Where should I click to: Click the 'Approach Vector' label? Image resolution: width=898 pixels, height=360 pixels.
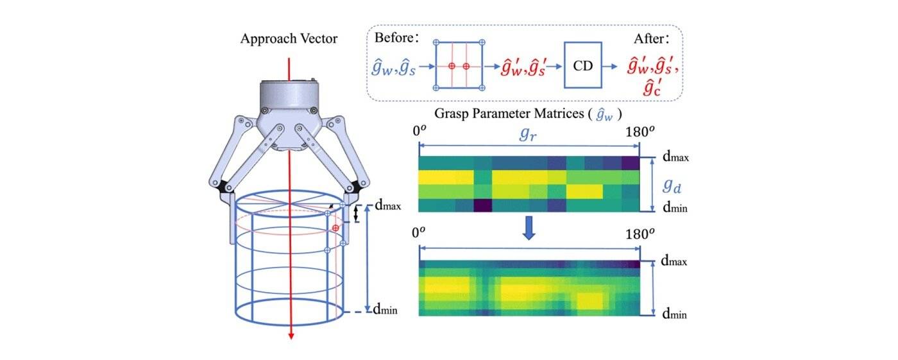tap(289, 39)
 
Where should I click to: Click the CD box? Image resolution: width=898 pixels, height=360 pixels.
tap(582, 65)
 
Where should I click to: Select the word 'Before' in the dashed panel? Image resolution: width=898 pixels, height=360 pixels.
tap(395, 38)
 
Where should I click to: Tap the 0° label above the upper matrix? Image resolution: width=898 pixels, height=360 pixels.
tap(419, 131)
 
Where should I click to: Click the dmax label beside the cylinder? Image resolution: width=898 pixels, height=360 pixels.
tap(387, 207)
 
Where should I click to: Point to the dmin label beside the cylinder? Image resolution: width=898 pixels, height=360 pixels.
tap(385, 310)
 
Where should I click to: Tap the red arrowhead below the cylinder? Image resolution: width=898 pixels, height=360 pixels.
tap(291, 334)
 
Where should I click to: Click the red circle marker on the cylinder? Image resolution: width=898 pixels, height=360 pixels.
tap(335, 228)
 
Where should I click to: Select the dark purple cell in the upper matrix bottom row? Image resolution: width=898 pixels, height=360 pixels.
tap(482, 205)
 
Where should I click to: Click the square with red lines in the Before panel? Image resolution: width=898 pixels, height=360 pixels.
tap(459, 65)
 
